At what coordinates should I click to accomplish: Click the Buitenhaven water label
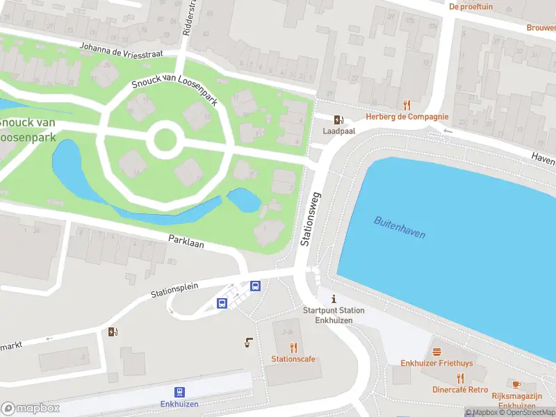400,227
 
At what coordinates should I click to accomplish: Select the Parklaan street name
186,242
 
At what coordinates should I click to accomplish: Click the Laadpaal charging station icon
338,120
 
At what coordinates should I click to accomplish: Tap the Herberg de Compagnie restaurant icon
407,105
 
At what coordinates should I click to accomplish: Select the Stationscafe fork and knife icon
293,347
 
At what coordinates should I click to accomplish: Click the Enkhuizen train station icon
180,392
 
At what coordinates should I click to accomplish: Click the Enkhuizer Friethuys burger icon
436,352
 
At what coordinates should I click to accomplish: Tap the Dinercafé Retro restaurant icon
460,378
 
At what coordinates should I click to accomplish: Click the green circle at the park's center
165,140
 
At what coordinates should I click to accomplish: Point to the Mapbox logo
30,409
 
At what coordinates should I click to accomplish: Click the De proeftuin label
471,6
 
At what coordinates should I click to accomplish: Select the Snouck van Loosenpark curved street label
175,90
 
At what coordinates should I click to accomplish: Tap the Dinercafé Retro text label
460,390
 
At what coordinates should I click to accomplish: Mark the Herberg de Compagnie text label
407,117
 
